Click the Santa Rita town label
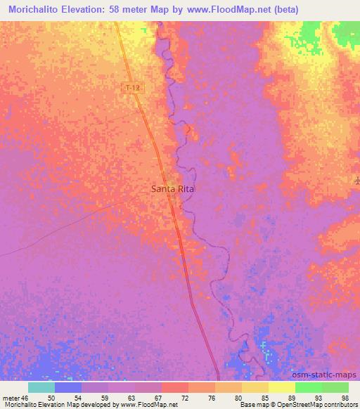(172, 189)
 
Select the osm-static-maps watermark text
(330, 375)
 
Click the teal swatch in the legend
(41, 387)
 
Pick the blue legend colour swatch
(68, 387)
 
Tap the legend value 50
(51, 397)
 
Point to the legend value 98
(345, 397)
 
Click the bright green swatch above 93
(308, 387)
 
